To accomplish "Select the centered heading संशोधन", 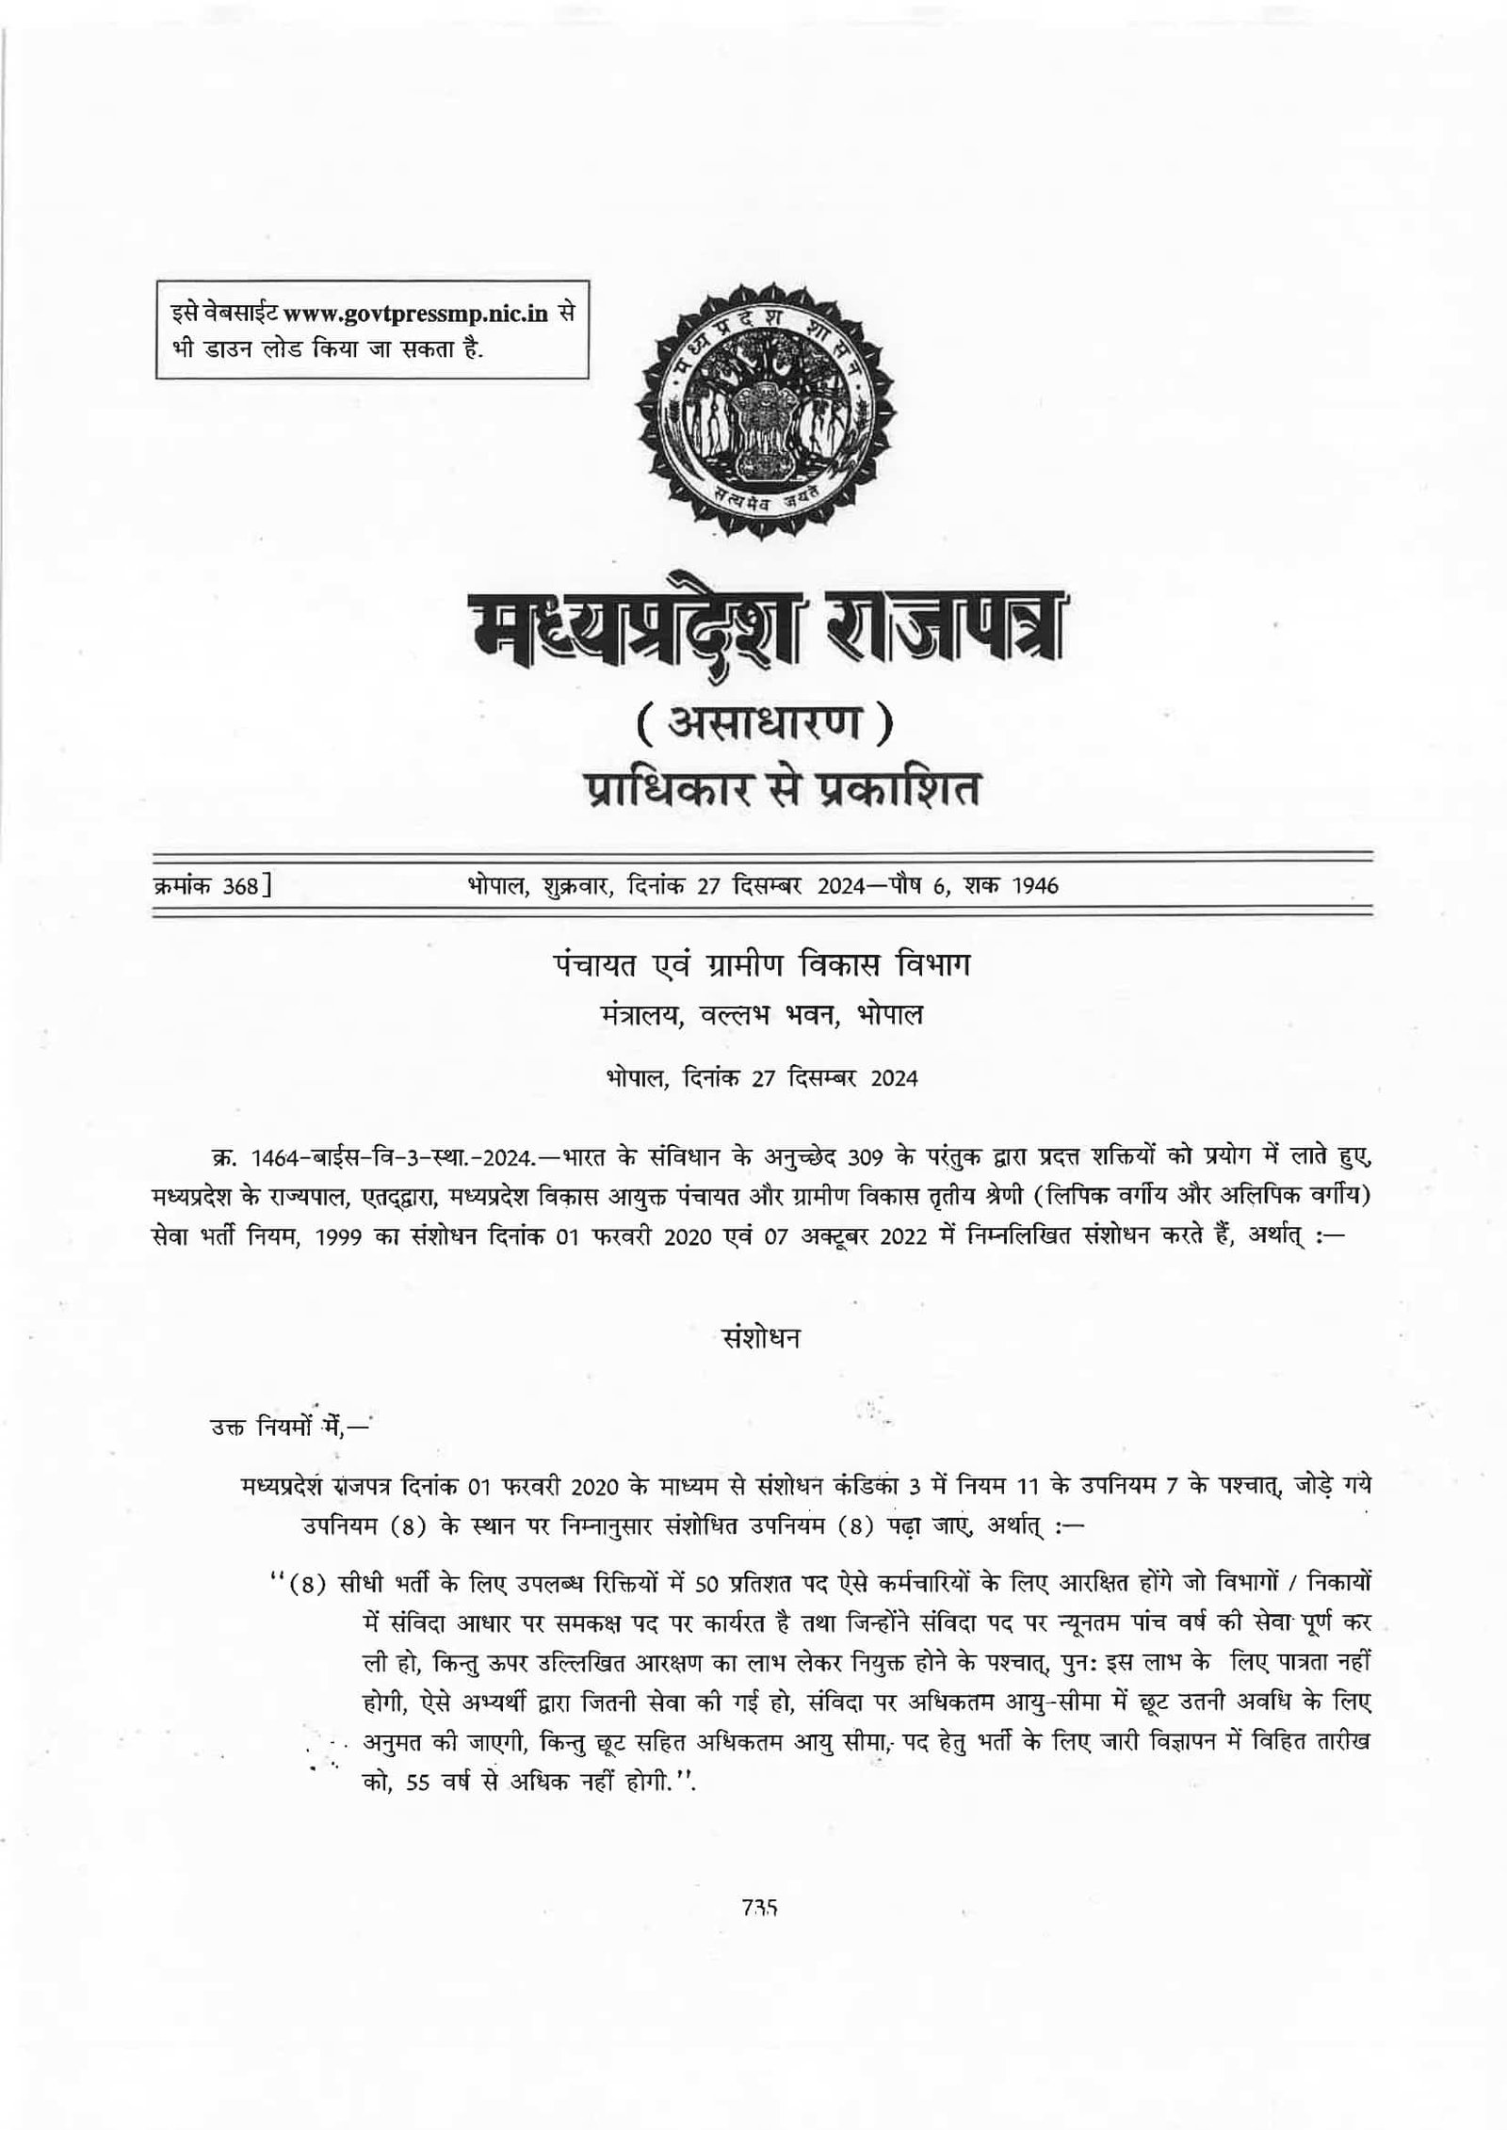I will [759, 1338].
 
